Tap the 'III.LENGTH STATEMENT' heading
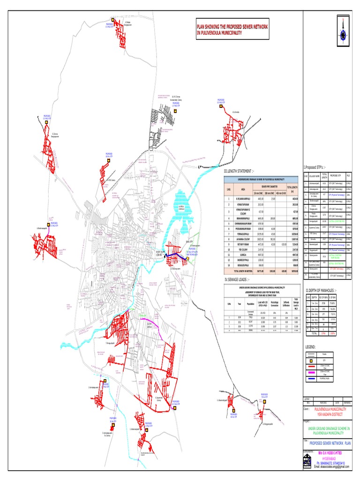[240, 171]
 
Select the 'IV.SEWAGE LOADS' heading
[238, 280]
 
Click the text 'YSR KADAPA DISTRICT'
[326, 414]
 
